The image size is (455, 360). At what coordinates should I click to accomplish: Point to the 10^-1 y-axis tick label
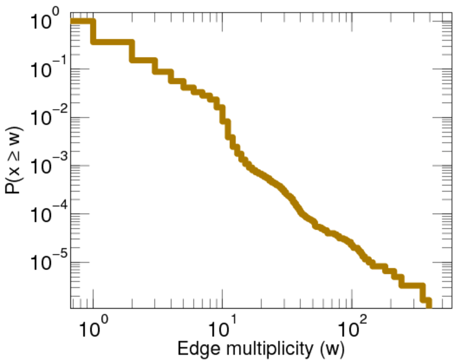point(42,70)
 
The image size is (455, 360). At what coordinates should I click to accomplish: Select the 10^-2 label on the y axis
point(42,118)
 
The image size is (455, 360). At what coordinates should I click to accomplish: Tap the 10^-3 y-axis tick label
point(42,166)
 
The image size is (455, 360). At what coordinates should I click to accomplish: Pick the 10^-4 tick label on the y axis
point(42,214)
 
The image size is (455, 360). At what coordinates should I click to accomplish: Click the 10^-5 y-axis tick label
point(42,262)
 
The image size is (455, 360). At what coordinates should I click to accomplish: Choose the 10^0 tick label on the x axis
point(94,329)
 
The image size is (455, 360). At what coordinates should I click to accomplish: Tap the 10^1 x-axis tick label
point(223,329)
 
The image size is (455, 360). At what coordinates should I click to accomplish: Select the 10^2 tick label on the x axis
point(352,329)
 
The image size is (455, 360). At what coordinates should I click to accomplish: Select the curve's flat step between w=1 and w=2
point(113,42)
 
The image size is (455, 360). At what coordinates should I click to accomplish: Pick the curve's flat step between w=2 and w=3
point(144,59)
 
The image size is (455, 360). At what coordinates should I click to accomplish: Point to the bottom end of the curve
point(428,306)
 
